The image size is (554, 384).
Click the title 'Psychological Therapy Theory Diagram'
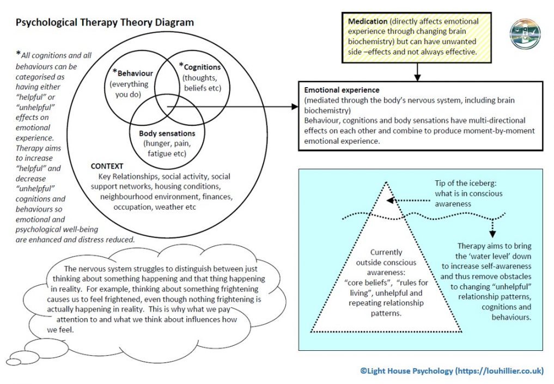pos(104,23)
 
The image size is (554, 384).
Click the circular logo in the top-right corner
pos(525,34)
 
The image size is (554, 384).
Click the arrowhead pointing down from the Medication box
pos(417,76)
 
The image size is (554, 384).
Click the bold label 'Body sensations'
pos(167,133)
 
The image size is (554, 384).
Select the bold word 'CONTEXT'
pos(107,166)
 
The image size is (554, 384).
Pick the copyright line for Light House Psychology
pos(452,371)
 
